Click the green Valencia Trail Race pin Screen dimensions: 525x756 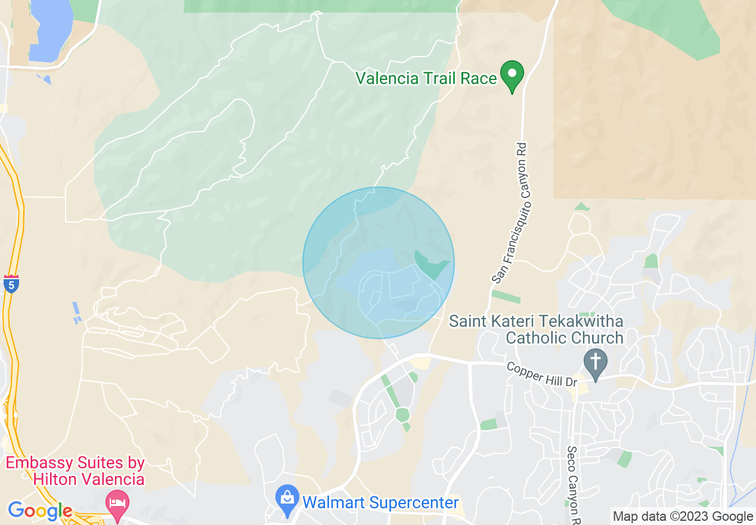512,75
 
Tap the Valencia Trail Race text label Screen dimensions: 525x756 426,78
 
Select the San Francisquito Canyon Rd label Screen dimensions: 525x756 510,211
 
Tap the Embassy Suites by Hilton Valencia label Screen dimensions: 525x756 76,471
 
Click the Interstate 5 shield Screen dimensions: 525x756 11,283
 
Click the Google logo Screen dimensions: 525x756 41,511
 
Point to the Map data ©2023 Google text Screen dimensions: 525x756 683,517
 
